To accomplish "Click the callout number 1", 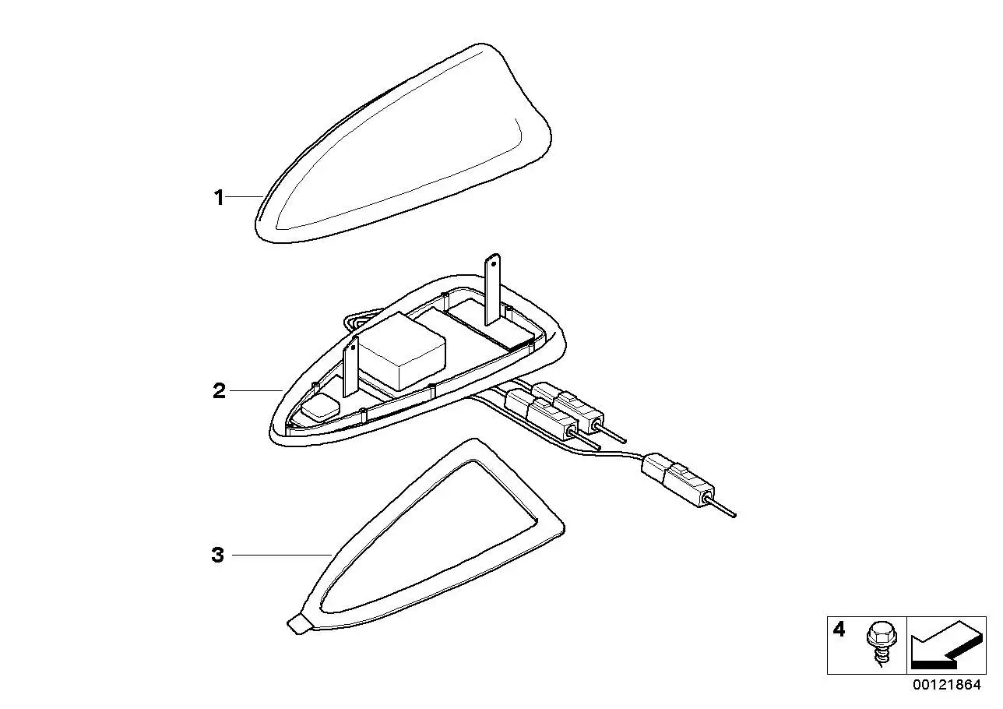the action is [x=219, y=198].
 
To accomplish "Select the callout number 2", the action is [x=219, y=391].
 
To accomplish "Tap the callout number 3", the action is [x=217, y=556].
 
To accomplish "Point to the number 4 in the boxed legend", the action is [x=839, y=630].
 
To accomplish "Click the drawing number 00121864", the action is [x=947, y=685].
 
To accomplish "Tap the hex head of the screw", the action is [x=876, y=633].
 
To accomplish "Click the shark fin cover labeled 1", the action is [x=403, y=143].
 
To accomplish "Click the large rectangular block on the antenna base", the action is [x=401, y=351].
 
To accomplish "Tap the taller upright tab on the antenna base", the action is [x=492, y=289].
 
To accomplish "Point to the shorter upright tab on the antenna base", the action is [x=350, y=366].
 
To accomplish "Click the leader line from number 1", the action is [x=245, y=196].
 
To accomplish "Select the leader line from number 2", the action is [x=256, y=391].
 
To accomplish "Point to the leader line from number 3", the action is [x=281, y=556].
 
